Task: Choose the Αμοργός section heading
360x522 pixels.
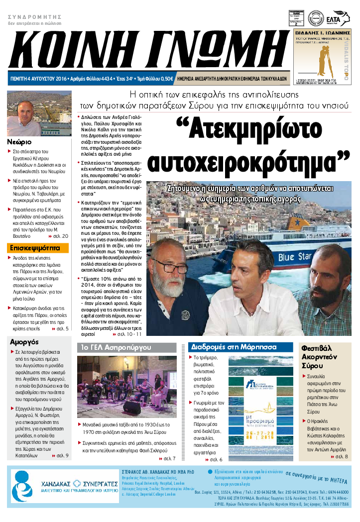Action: pyautogui.click(x=24, y=341)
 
